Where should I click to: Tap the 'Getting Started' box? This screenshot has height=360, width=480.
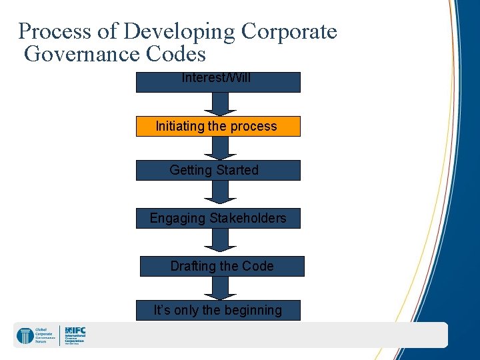coord(218,170)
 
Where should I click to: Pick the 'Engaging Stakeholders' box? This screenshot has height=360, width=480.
coord(218,218)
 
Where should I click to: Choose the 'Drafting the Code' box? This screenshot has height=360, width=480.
coord(222,266)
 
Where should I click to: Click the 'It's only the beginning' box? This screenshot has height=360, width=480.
coord(218,310)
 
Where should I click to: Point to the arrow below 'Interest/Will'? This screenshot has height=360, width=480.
coord(216,104)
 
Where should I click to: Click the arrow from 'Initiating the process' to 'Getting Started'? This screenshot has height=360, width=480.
coord(216,148)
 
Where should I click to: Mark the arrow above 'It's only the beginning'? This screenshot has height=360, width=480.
coord(216,287)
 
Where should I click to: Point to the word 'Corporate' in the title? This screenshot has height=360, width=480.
coord(289,31)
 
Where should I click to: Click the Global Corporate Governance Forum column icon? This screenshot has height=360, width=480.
coord(25,336)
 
